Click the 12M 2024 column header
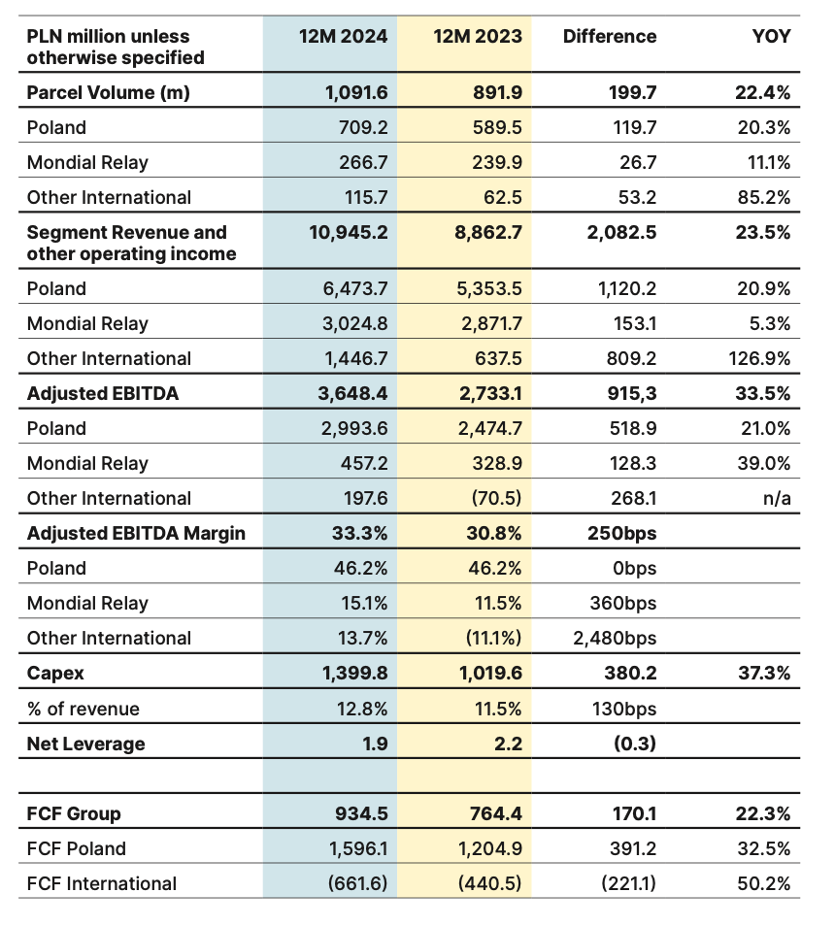342,37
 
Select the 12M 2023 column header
477,37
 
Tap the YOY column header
771,37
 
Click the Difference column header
609,37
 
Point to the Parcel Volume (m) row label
108,93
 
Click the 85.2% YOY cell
763,198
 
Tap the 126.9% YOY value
759,359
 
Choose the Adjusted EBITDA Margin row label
136,534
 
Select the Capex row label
55,674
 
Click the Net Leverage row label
86,744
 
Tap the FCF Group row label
74,814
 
